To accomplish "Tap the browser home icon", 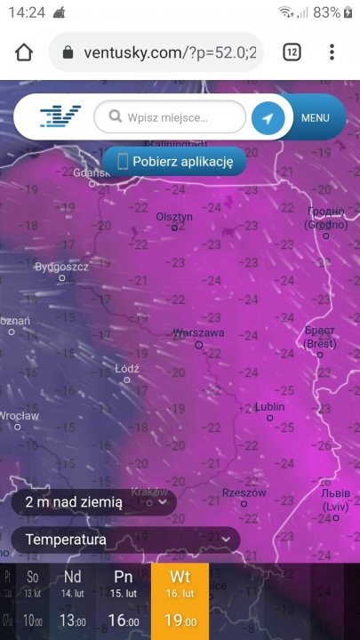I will pyautogui.click(x=24, y=52).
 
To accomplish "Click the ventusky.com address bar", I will pyautogui.click(x=156, y=52).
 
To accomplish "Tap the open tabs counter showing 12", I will pyautogui.click(x=292, y=52).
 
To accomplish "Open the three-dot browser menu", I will pyautogui.click(x=332, y=52).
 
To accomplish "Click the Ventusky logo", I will pyautogui.click(x=60, y=116).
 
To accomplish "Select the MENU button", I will pyautogui.click(x=316, y=117).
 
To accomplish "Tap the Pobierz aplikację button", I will pyautogui.click(x=173, y=162).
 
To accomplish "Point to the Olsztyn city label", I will pyautogui.click(x=174, y=217).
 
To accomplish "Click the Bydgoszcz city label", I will pyautogui.click(x=61, y=267).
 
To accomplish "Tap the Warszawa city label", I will pyautogui.click(x=198, y=333).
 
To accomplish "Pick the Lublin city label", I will pyautogui.click(x=269, y=407).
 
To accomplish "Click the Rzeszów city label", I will pyautogui.click(x=244, y=492).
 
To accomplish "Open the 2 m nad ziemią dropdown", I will pyautogui.click(x=92, y=502).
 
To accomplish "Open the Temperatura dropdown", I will pyautogui.click(x=125, y=540).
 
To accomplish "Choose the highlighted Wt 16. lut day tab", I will pyautogui.click(x=180, y=601).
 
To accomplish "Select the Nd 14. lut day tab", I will pyautogui.click(x=73, y=601).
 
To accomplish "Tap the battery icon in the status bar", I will pyautogui.click(x=349, y=12).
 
